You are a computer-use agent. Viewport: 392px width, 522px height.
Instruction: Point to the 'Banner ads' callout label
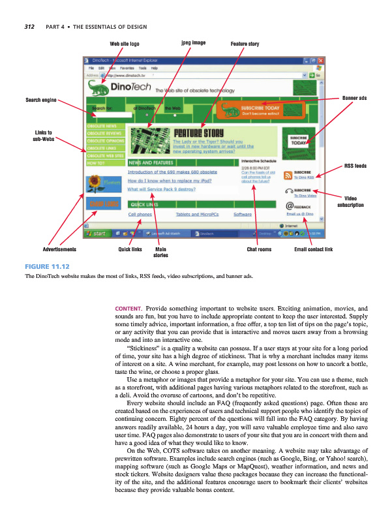pyautogui.click(x=354, y=98)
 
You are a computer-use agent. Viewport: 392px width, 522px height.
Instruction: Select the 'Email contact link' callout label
pyautogui.click(x=314, y=249)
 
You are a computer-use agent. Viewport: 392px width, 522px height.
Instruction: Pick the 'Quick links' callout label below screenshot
pyautogui.click(x=130, y=249)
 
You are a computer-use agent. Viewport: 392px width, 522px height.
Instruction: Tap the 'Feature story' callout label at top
pyautogui.click(x=245, y=44)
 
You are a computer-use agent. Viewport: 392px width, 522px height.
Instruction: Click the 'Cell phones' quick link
pyautogui.click(x=140, y=213)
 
